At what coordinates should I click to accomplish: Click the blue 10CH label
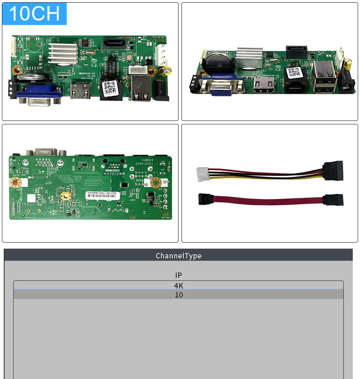pos(34,14)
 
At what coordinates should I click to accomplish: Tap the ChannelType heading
pos(178,256)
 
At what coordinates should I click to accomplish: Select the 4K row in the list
pos(178,285)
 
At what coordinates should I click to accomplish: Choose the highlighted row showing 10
pos(178,295)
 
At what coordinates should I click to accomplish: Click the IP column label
pos(178,275)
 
